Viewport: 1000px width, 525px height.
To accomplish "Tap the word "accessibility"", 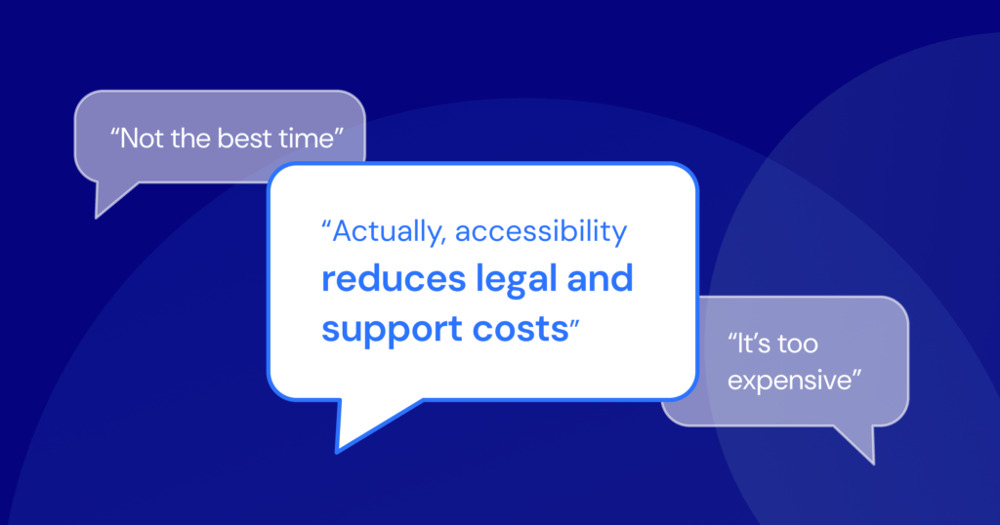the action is click(541, 232).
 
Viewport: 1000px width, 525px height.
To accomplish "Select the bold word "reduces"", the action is click(394, 279).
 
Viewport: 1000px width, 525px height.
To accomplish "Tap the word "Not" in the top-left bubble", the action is click(142, 139).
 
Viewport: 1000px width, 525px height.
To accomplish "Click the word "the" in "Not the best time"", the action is click(190, 139).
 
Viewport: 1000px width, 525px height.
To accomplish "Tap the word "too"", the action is click(798, 344).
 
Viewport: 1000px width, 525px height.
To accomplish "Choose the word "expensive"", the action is click(789, 381).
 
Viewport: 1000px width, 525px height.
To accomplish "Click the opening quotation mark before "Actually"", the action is click(326, 224).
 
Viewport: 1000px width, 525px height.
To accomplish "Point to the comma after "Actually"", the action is click(443, 243).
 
